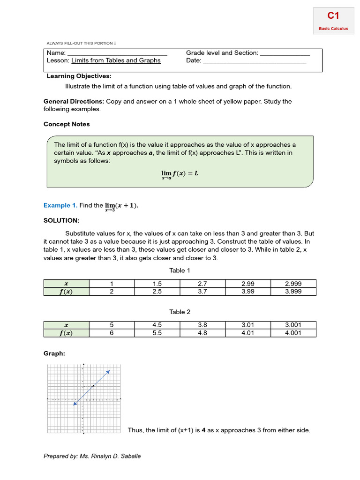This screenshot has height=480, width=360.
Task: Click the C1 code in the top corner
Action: (x=333, y=16)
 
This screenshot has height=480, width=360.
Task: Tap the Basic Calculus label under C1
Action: (x=333, y=29)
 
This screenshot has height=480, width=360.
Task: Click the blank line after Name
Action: (x=117, y=53)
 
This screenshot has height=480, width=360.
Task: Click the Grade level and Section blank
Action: (x=285, y=53)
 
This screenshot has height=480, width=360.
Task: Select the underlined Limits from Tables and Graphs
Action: (x=116, y=60)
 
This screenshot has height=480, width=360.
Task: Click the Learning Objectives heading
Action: (x=79, y=76)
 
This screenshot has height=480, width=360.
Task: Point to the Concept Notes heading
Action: (x=67, y=124)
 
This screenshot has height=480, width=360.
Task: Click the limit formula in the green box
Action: (x=180, y=174)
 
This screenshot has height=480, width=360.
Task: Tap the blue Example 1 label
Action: (x=60, y=205)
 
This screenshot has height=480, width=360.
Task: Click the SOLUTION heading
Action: (x=61, y=220)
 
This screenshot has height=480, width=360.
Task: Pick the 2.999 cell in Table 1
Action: (x=293, y=284)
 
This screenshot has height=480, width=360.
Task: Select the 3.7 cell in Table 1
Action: (x=202, y=292)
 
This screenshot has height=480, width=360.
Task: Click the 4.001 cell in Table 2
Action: (x=293, y=333)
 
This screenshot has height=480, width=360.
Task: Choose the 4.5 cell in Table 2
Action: (x=157, y=325)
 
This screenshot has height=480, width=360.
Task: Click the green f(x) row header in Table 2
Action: (x=66, y=333)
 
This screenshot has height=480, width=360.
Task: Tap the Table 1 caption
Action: (x=180, y=270)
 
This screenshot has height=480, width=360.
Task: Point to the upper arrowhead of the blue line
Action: (x=109, y=371)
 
